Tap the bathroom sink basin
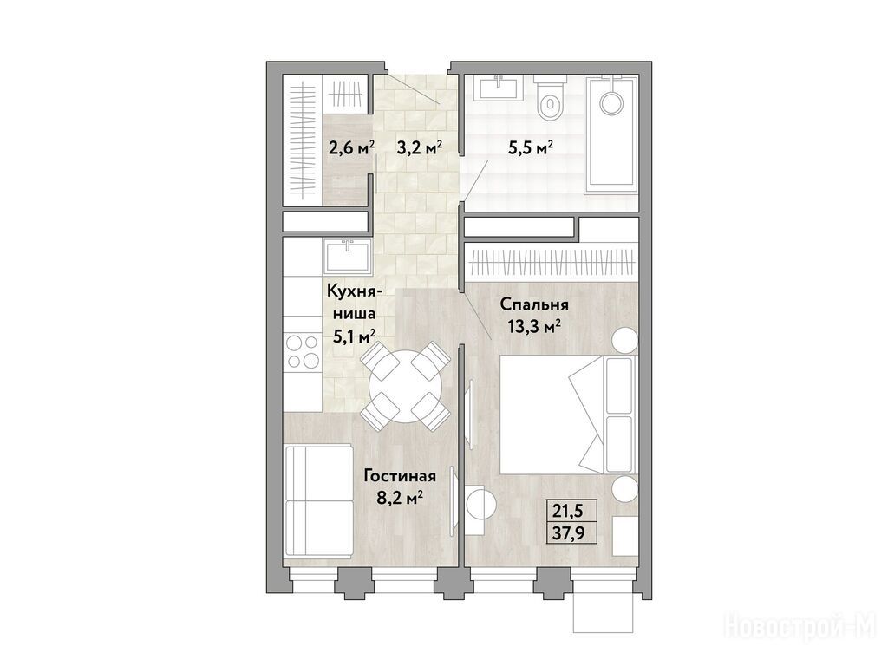(x=499, y=88)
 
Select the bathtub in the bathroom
(x=611, y=133)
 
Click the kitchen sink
(x=347, y=256)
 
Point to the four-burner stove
(x=302, y=351)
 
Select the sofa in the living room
(x=318, y=500)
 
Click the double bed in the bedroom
(x=567, y=415)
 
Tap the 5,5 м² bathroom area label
(x=530, y=148)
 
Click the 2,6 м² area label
(x=351, y=148)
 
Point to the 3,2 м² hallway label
(x=419, y=148)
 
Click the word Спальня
(x=534, y=305)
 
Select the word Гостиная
(x=400, y=476)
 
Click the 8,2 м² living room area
(x=401, y=498)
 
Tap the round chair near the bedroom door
(x=480, y=500)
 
